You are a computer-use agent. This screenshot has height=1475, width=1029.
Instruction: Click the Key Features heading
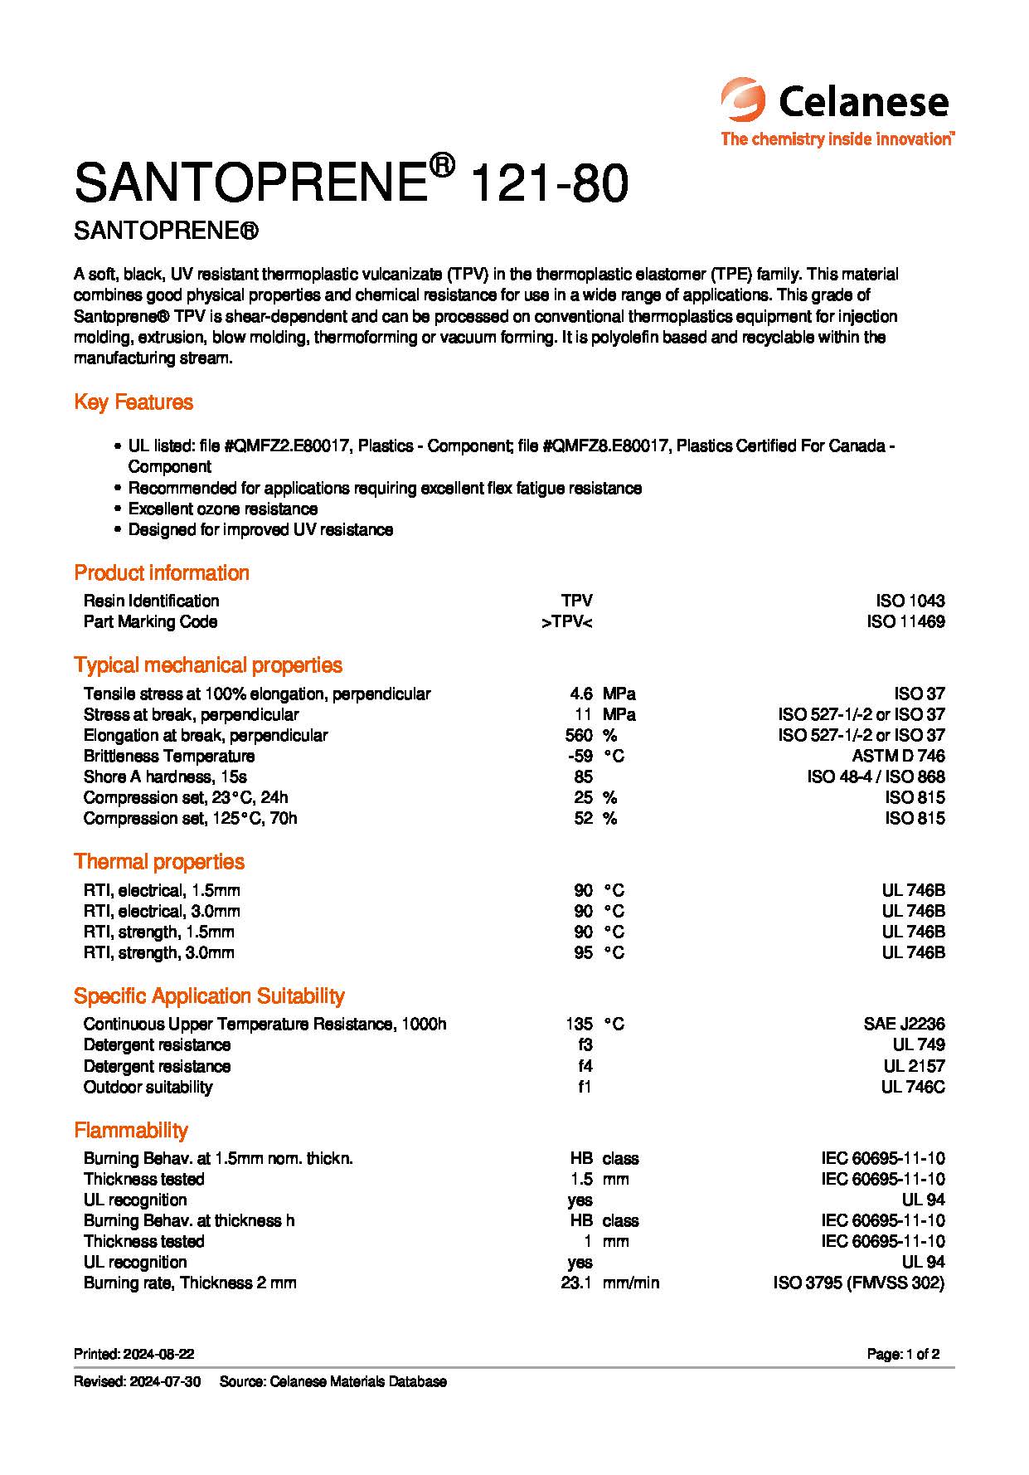(133, 402)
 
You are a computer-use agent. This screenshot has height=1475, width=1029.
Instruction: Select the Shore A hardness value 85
(583, 776)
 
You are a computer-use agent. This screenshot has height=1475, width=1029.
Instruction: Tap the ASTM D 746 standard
(898, 756)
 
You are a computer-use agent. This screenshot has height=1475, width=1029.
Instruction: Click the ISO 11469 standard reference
(905, 621)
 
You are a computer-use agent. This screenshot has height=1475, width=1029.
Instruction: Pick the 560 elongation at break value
(579, 735)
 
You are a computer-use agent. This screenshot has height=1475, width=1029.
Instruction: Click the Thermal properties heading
(159, 862)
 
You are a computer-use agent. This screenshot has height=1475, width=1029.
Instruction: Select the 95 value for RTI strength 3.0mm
(583, 952)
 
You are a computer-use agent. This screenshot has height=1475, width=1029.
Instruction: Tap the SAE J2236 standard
(904, 1024)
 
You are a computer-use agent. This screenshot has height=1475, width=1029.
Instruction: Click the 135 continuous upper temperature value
(580, 1024)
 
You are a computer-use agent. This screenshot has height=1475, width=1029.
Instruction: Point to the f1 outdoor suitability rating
(585, 1087)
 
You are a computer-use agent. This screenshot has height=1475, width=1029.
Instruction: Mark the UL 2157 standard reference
(914, 1066)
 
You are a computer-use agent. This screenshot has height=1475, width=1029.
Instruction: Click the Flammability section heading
(131, 1131)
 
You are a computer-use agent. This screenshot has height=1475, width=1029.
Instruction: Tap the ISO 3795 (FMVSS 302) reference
(858, 1283)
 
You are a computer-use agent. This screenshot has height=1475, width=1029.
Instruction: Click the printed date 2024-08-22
(158, 1354)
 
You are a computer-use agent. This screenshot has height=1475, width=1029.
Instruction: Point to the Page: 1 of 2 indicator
(903, 1354)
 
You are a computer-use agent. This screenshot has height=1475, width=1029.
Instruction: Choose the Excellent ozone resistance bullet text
(223, 509)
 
